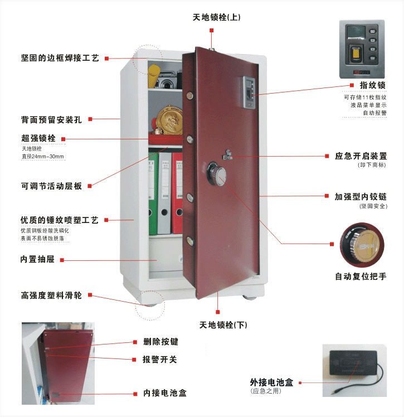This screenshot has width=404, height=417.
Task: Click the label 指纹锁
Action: [x=373, y=85]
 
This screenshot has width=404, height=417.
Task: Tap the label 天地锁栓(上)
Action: [x=216, y=17]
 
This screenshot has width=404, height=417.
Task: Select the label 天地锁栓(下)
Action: [x=223, y=324]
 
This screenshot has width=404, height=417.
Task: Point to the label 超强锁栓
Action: [x=39, y=138]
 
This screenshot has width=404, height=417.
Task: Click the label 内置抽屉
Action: [x=37, y=259]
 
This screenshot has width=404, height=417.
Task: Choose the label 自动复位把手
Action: [x=360, y=276]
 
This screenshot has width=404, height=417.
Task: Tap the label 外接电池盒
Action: [x=271, y=382]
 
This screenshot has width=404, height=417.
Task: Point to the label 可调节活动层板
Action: [x=51, y=186]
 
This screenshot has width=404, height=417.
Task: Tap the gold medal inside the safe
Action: [x=169, y=120]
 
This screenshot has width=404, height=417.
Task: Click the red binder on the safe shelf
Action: [x=177, y=192]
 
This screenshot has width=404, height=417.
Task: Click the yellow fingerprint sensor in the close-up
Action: [x=355, y=55]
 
